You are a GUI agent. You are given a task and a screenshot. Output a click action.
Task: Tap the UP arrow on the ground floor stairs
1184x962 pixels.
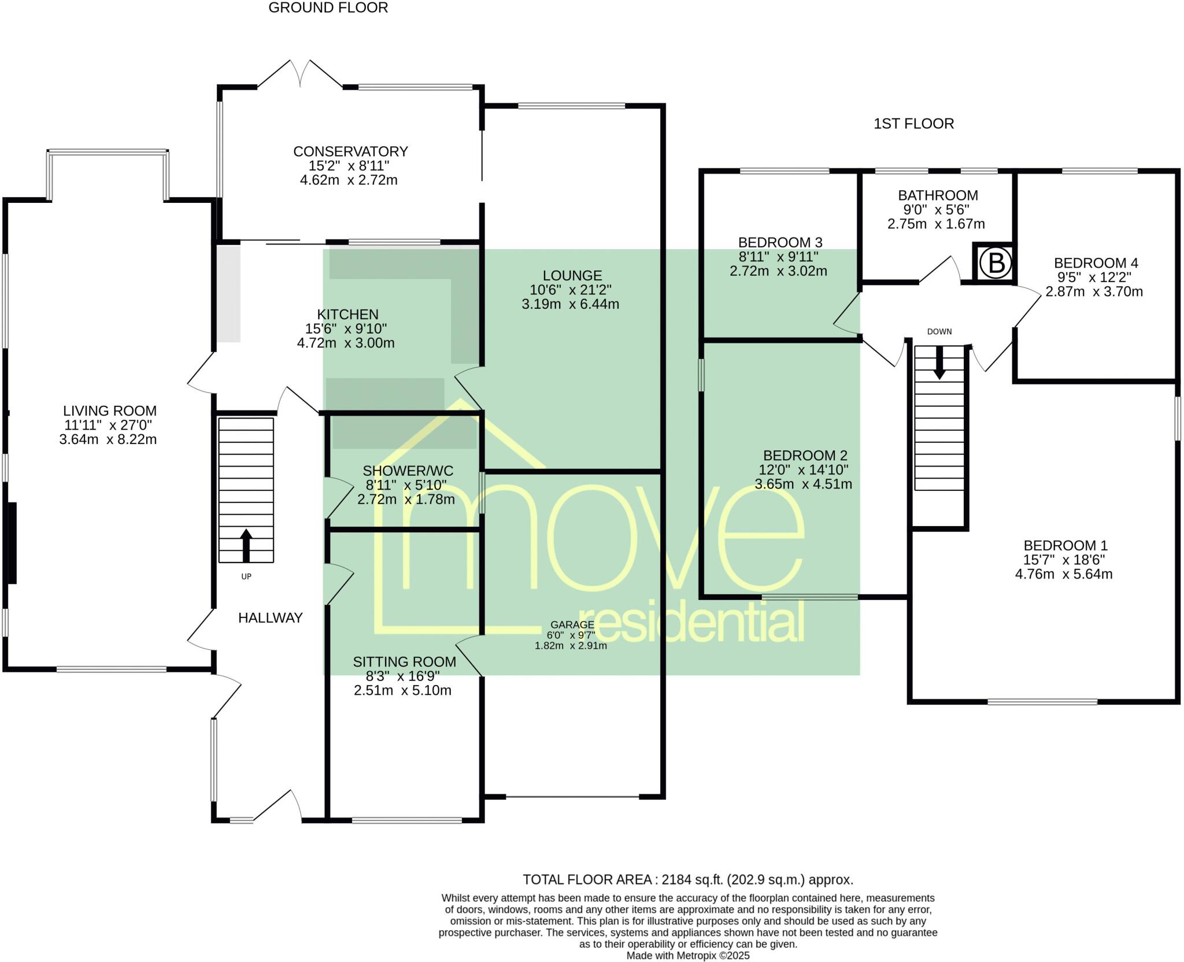[246, 545]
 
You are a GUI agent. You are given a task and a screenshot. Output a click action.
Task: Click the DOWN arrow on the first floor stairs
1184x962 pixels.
[939, 362]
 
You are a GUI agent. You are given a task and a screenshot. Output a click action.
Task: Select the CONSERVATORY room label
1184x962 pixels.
[350, 151]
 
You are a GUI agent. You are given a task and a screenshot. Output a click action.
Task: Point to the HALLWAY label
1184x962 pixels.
[270, 618]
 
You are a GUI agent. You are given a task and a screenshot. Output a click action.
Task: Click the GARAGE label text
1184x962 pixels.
[572, 624]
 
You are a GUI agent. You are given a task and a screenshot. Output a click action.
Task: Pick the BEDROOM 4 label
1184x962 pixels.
[1096, 263]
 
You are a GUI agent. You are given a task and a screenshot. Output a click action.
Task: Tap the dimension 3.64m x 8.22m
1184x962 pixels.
[108, 439]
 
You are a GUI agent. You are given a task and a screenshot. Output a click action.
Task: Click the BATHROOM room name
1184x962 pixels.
[938, 195]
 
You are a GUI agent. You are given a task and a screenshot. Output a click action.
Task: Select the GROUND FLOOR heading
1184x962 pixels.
[328, 8]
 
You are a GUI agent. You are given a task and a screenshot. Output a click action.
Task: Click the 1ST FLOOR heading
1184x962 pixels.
[913, 124]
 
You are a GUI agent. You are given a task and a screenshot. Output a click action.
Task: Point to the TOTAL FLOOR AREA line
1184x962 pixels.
[687, 880]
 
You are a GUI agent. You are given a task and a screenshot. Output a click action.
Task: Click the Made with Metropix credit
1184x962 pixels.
[687, 956]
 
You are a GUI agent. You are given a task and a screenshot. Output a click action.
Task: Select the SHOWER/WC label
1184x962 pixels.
[408, 471]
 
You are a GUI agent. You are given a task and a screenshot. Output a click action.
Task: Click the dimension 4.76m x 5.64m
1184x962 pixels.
[1064, 574]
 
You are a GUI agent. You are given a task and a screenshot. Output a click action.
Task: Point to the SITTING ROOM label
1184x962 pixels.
[404, 662]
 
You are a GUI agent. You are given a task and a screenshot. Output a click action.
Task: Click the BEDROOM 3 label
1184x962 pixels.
[780, 242]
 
